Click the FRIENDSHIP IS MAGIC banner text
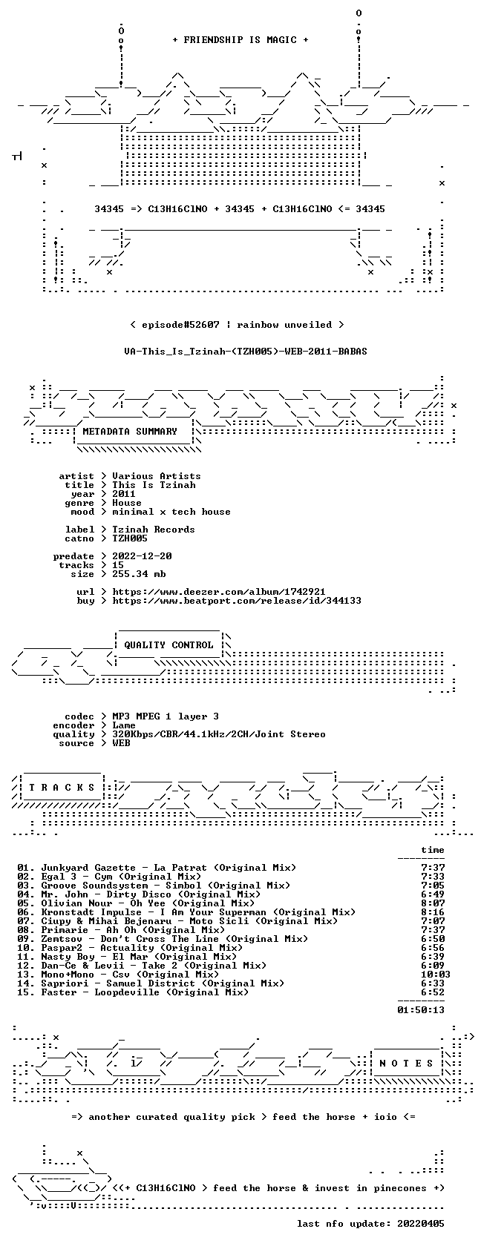(240, 40)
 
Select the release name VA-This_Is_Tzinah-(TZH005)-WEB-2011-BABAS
(246, 352)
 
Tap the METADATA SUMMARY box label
(130, 432)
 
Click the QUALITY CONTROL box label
(168, 645)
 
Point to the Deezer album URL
(219, 592)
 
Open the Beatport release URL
(237, 601)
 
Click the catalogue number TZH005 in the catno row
(130, 538)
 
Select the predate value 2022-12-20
(142, 556)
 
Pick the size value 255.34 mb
(140, 574)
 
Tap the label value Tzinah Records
(154, 530)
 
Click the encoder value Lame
(124, 725)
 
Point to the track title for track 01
(168, 868)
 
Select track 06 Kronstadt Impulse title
(198, 912)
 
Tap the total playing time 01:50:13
(421, 1010)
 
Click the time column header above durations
(433, 850)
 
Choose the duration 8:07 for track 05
(433, 903)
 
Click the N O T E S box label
(406, 1064)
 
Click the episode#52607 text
(180, 325)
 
